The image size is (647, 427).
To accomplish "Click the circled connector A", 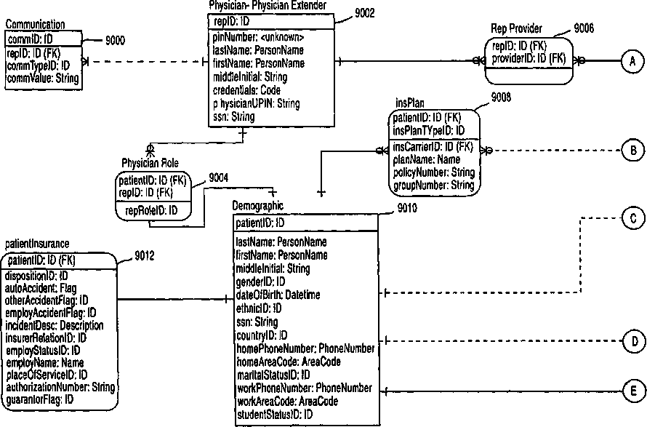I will pyautogui.click(x=632, y=63).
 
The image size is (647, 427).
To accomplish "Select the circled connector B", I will pyautogui.click(x=632, y=151).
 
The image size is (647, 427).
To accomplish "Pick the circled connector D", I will pyautogui.click(x=632, y=340).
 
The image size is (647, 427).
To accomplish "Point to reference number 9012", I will pyautogui.click(x=145, y=255).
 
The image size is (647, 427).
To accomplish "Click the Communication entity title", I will pyautogui.click(x=35, y=25).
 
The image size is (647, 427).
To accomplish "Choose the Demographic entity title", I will pyautogui.click(x=258, y=207).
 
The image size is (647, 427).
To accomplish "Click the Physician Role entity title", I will pyautogui.click(x=150, y=162).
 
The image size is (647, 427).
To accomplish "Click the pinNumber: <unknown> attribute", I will pyautogui.click(x=258, y=37).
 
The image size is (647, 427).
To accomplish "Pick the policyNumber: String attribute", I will pyautogui.click(x=433, y=173).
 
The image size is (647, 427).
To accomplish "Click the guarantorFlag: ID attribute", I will pyautogui.click(x=40, y=399).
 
